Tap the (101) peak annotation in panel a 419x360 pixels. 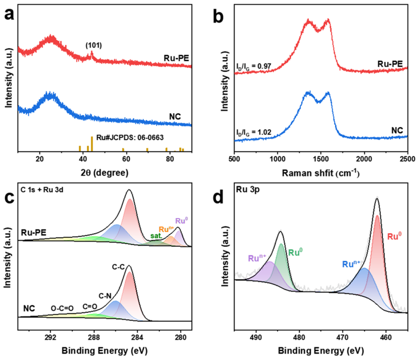[x=93, y=46]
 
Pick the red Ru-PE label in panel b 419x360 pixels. [x=389, y=64]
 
